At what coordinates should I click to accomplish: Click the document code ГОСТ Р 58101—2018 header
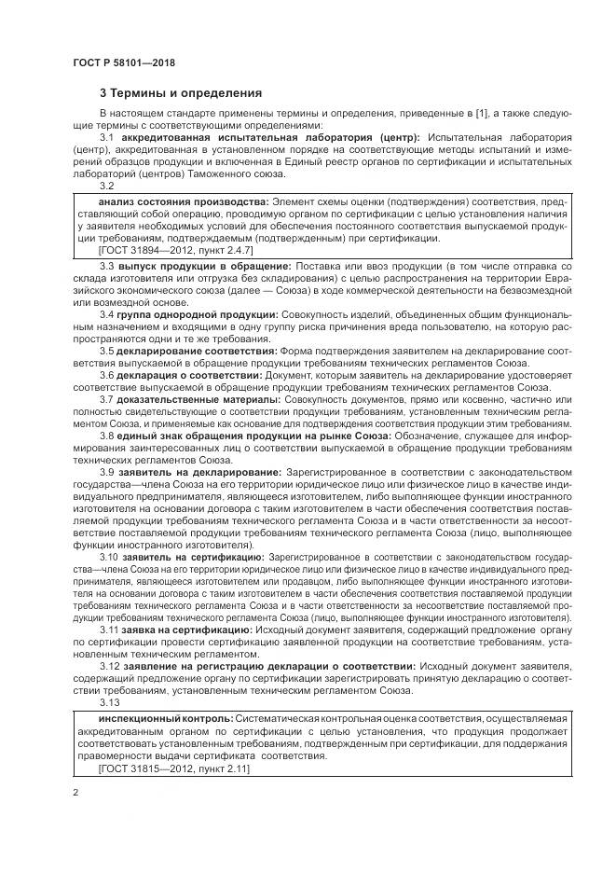123,62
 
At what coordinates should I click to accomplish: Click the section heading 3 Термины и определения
181,93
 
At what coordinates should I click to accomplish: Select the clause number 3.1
105,137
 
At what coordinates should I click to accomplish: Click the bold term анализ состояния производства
183,201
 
